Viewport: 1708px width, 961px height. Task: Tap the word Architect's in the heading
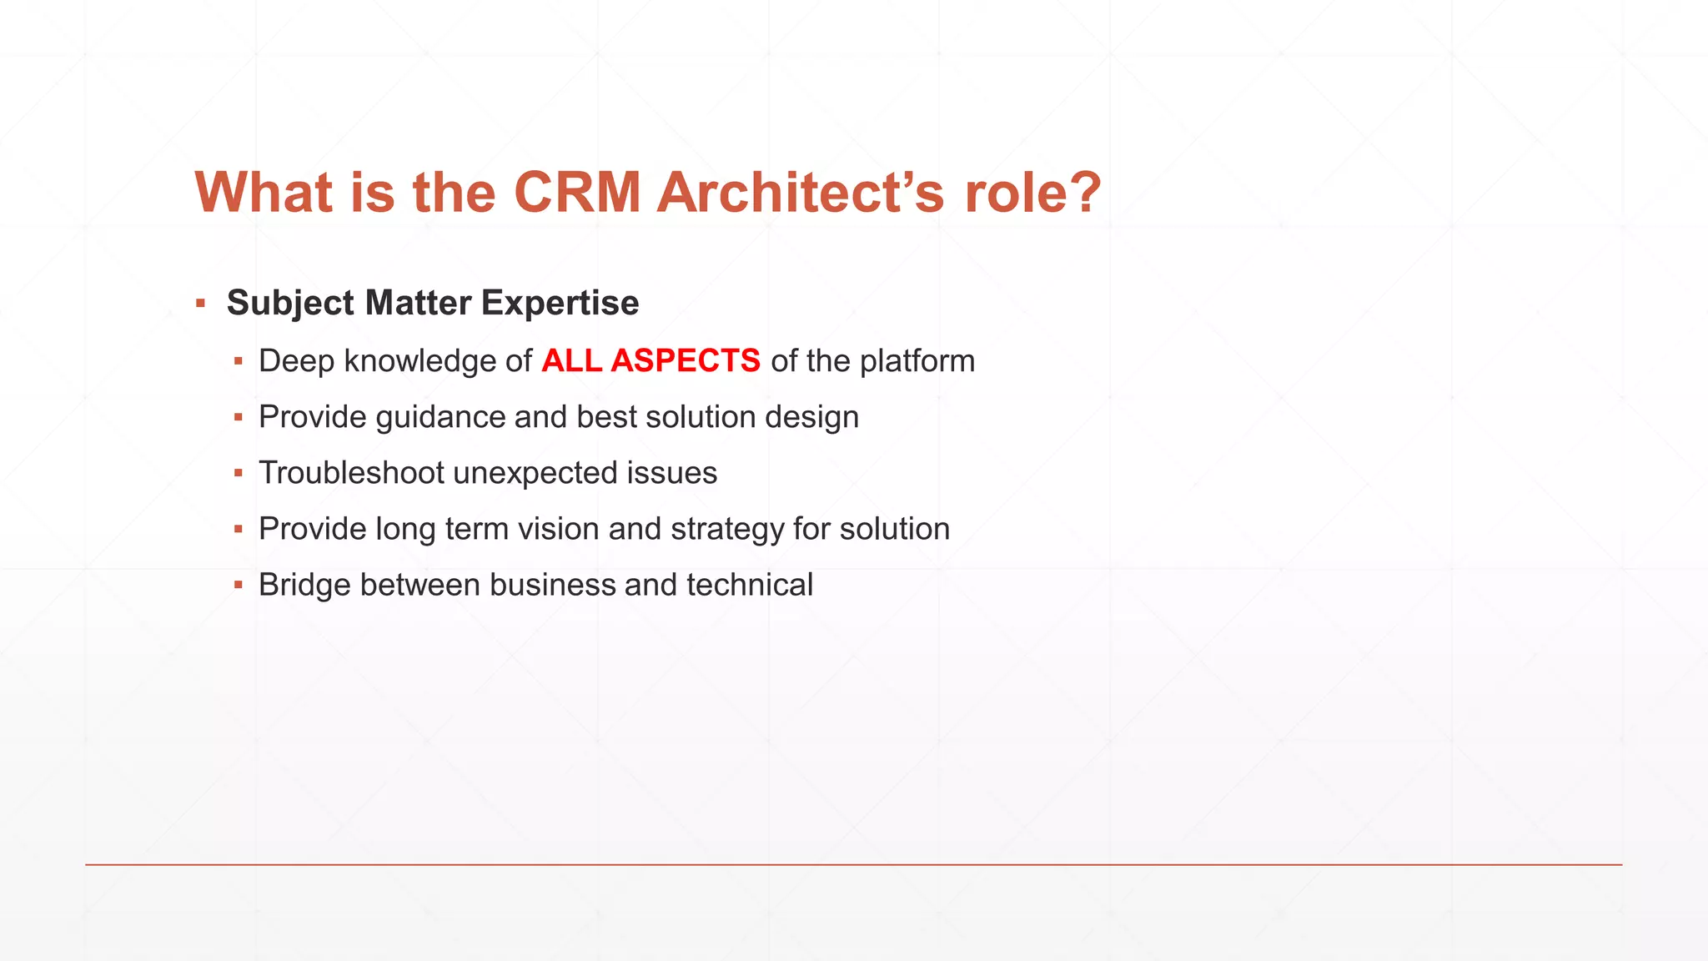[800, 193]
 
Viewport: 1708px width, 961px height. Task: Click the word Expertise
[560, 303]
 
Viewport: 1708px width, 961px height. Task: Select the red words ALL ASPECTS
[651, 361]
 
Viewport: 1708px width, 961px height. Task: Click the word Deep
[296, 361]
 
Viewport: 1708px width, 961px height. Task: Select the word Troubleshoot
[351, 473]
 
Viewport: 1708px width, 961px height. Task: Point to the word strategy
[727, 529]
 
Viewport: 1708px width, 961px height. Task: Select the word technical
[749, 585]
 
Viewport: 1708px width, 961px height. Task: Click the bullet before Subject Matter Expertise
[201, 303]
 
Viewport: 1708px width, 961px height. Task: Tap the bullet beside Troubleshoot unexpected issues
[239, 473]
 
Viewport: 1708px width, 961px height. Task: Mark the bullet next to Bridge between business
[239, 585]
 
